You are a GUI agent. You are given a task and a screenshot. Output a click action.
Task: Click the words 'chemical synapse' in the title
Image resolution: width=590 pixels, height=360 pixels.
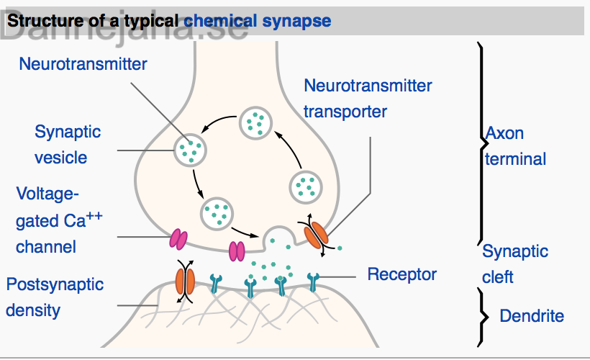coord(258,21)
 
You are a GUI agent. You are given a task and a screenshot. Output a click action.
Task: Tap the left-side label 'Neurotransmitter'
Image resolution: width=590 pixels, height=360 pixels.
coord(83,64)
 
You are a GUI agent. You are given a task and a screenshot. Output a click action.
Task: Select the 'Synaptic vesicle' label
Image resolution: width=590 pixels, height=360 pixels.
coord(68,145)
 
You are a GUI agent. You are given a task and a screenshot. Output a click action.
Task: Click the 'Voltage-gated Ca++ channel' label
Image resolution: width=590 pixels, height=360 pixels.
coord(59,220)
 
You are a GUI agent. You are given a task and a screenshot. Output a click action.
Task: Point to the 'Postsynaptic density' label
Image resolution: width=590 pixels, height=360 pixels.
coord(55,297)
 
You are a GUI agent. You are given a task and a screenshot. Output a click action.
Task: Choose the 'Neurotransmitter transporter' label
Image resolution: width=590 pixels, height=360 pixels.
coord(368,99)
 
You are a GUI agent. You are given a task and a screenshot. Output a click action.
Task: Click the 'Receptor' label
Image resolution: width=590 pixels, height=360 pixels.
coord(402,274)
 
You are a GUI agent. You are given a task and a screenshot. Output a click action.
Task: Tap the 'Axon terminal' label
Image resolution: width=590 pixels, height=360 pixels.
coord(515,146)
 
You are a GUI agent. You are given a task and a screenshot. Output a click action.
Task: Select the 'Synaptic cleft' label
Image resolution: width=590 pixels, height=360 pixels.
coord(515,264)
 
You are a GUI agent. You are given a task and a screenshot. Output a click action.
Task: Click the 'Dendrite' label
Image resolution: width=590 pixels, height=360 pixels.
coord(532,315)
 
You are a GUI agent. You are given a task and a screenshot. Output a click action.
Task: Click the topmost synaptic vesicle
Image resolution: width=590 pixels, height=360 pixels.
coord(256,123)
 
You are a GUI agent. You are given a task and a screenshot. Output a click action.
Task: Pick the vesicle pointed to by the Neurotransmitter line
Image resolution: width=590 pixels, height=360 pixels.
coord(190,150)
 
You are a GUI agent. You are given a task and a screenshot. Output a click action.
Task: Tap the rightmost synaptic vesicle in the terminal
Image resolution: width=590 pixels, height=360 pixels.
coord(306,187)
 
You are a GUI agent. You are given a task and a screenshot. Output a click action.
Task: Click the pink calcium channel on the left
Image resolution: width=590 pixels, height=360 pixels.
coord(178,240)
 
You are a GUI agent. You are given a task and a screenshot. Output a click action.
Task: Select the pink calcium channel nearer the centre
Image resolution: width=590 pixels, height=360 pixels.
coord(237,251)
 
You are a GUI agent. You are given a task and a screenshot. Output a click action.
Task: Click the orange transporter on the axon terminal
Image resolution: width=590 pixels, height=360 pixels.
coord(316,235)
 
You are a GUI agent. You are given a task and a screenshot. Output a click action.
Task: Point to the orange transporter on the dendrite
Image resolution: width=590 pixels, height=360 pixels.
coord(185,282)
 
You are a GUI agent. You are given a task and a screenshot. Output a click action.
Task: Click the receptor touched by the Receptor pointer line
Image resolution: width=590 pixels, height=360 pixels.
coord(313,282)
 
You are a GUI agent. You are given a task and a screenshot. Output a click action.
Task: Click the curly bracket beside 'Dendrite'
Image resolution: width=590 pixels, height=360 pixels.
coord(483,317)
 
